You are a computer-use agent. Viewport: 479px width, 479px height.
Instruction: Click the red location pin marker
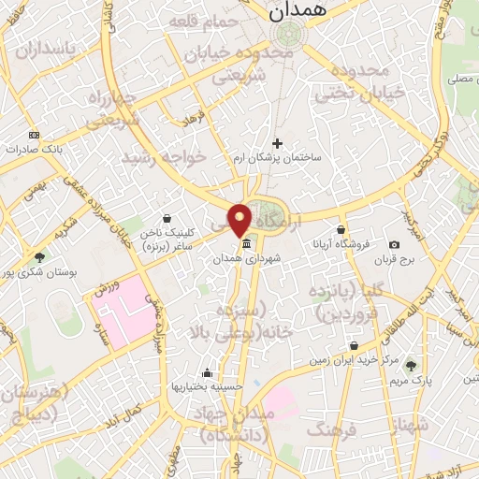(239, 220)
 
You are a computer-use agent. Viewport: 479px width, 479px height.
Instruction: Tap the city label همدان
(295, 11)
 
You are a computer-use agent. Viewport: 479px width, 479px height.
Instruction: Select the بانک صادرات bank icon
(35, 135)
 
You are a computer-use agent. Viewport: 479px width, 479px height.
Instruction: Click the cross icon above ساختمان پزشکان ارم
(277, 143)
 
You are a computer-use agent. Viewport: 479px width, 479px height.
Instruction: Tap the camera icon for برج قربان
(394, 245)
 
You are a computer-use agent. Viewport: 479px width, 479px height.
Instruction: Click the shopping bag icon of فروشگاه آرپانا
(341, 230)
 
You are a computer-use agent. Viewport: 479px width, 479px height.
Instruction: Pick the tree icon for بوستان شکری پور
(38, 256)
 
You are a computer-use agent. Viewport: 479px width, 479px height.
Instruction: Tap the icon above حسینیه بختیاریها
(207, 371)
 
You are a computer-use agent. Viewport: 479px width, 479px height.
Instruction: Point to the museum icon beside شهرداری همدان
(245, 245)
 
